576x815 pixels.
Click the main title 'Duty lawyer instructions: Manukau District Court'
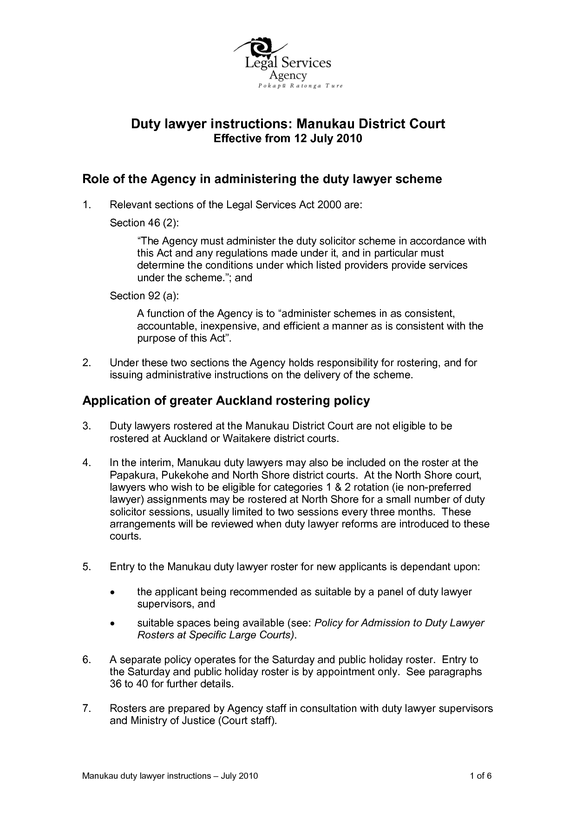click(288, 124)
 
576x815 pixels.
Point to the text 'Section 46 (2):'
click(144, 223)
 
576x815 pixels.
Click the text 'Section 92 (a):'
click(144, 296)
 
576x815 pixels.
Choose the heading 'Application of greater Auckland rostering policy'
click(226, 401)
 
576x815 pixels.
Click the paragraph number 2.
click(86, 363)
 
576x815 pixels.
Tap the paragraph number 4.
click(86, 463)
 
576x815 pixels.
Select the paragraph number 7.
click(86, 709)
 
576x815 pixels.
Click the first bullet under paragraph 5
click(112, 593)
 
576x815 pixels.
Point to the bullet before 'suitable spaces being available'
click(112, 624)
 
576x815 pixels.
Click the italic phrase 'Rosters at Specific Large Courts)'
click(216, 636)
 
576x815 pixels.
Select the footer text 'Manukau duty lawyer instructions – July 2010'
click(170, 776)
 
